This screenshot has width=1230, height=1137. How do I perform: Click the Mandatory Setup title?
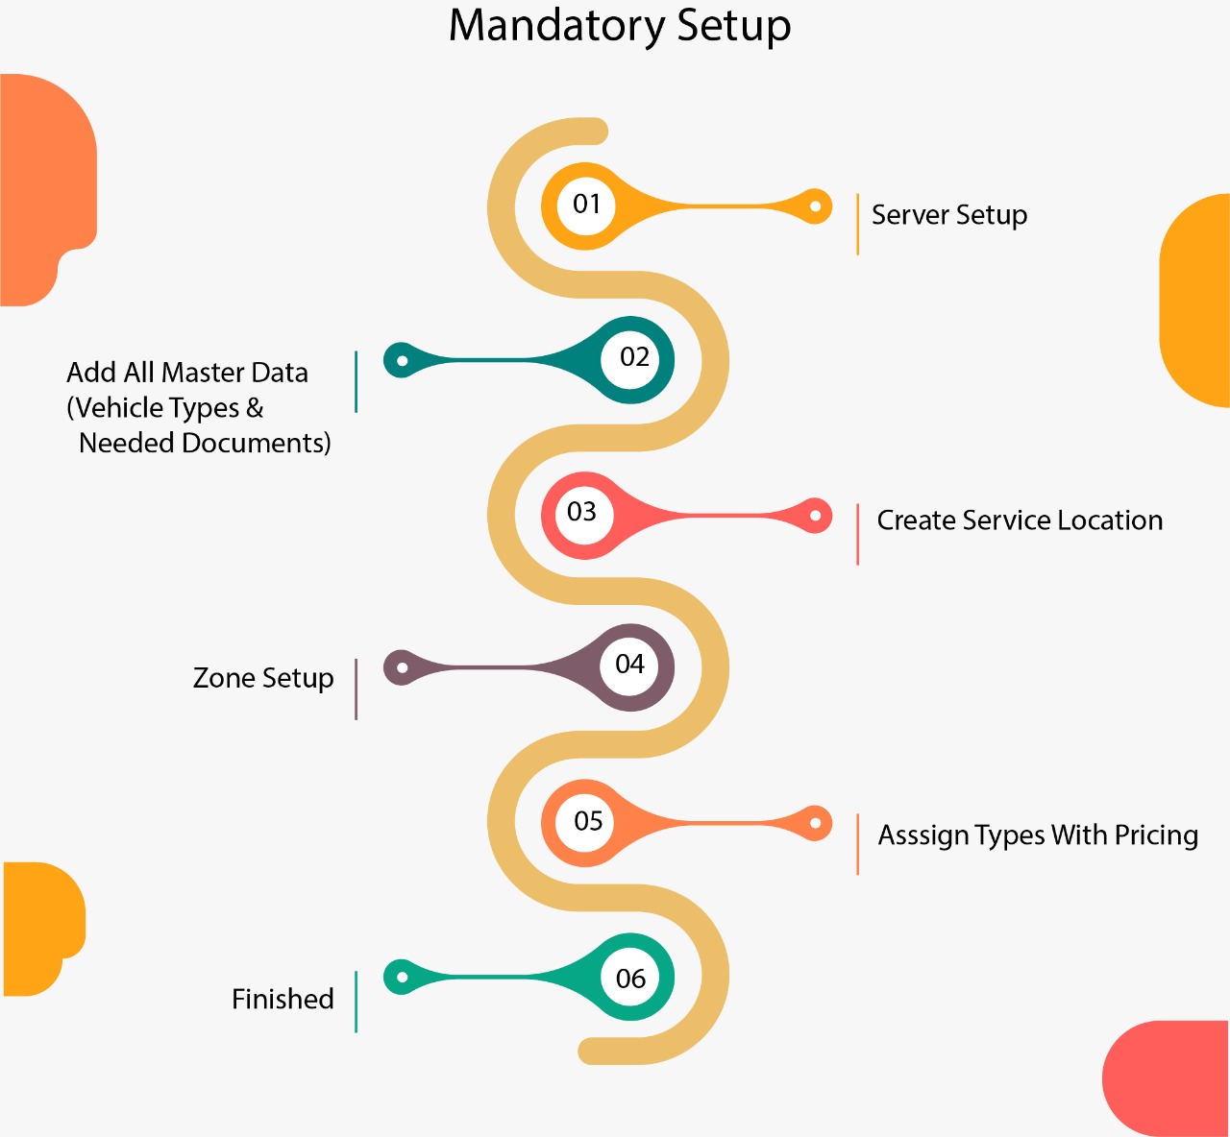click(x=620, y=26)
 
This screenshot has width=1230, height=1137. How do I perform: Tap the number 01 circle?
click(x=586, y=205)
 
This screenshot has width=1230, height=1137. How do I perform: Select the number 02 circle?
click(x=633, y=358)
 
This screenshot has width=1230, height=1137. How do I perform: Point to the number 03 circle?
click(x=582, y=513)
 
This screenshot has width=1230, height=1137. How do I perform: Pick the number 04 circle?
click(x=630, y=665)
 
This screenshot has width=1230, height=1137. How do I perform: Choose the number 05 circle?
click(x=587, y=822)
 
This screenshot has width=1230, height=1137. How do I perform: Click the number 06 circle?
click(x=630, y=979)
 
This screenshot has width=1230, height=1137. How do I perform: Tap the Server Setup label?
click(x=949, y=215)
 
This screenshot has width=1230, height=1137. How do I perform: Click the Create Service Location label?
click(x=1020, y=520)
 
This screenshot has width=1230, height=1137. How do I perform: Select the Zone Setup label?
click(x=263, y=678)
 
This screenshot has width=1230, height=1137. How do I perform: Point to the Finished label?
click(x=283, y=1000)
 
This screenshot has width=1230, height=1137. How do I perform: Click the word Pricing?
click(x=1156, y=835)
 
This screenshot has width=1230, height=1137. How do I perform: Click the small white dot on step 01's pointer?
click(x=815, y=206)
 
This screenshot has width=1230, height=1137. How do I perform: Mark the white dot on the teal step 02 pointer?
click(x=403, y=361)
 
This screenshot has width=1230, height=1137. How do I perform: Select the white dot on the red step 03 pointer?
click(x=815, y=516)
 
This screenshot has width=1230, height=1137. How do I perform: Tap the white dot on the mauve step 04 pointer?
click(x=403, y=667)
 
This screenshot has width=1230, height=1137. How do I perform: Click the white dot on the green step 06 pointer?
click(x=403, y=977)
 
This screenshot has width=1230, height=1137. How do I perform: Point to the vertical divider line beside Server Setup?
click(x=857, y=224)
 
